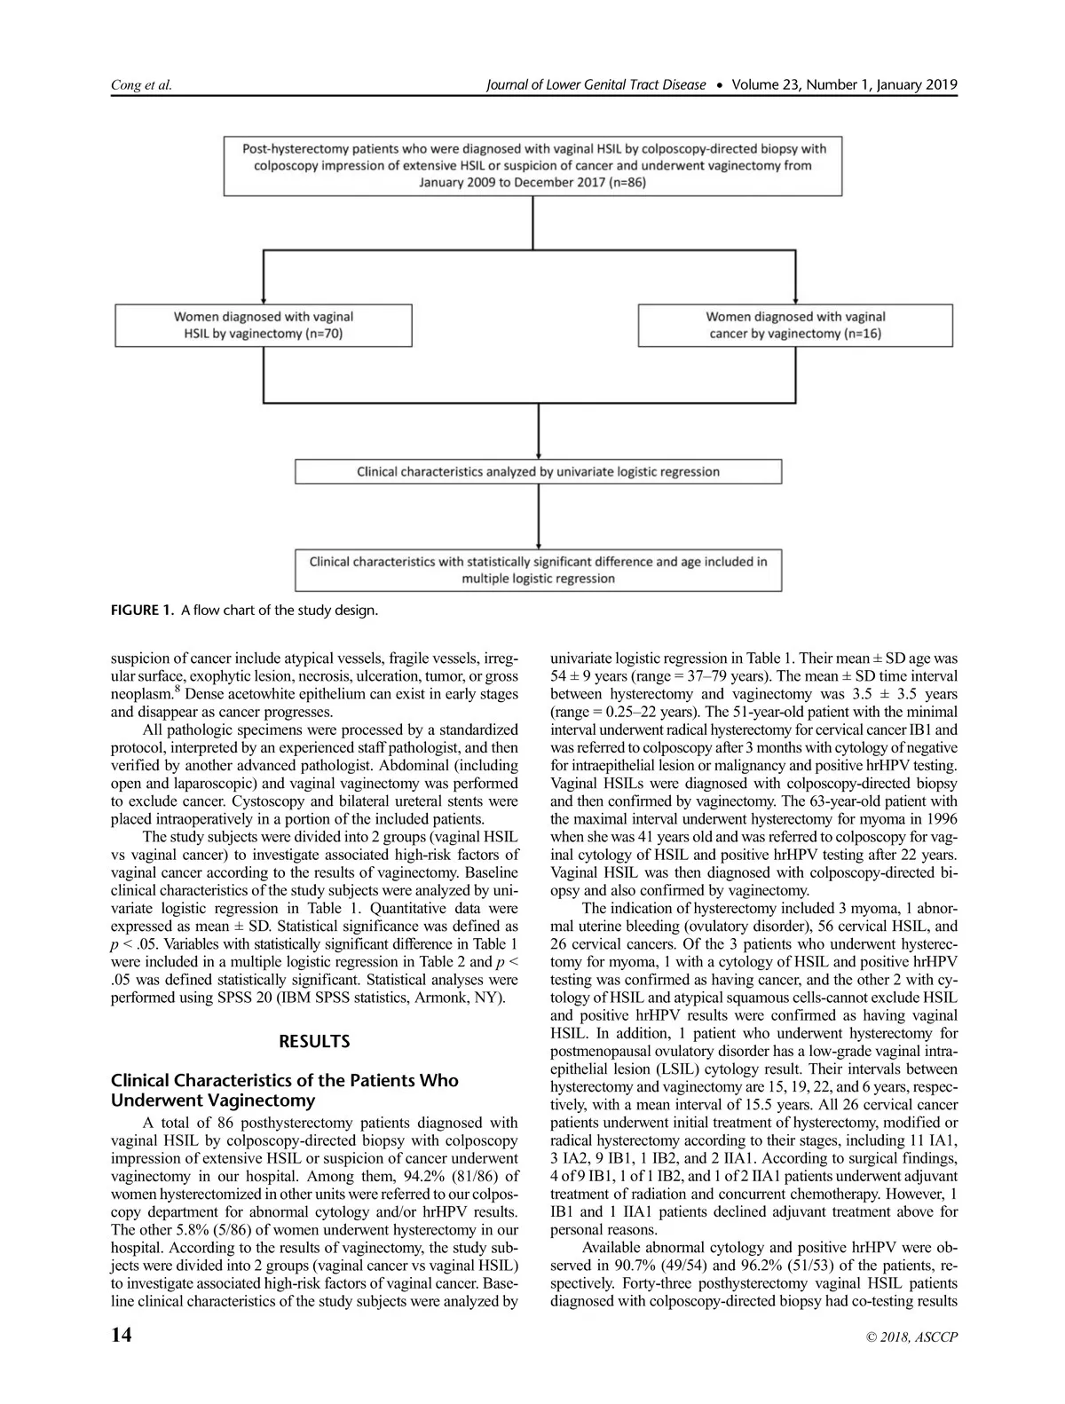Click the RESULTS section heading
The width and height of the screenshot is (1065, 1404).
coord(314,1042)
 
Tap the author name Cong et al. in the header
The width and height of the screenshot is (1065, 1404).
coord(141,85)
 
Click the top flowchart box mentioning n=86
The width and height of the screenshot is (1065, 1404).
coord(532,165)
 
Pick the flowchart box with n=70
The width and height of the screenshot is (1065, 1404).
coord(264,325)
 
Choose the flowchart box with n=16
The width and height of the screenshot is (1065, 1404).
coord(796,325)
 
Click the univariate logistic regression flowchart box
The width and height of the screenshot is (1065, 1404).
coord(538,471)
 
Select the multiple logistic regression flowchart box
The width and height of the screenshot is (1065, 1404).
coord(538,570)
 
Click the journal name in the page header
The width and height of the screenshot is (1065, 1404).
coord(596,85)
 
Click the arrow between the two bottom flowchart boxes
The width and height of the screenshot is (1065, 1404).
coord(538,517)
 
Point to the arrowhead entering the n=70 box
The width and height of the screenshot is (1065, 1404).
coord(264,298)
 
